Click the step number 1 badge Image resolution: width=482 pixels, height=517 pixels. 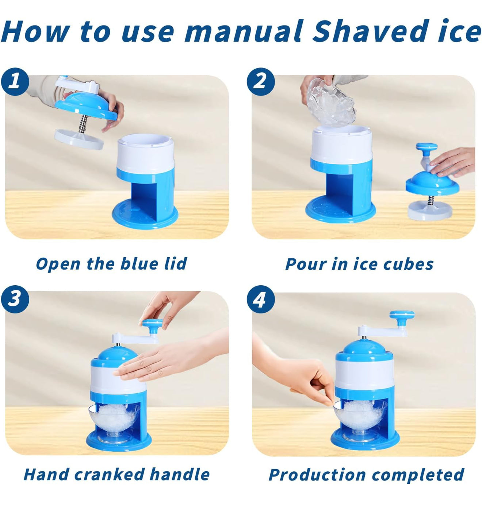[15, 81]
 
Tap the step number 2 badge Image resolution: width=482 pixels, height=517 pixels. [260, 81]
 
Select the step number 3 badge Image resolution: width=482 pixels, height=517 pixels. [15, 299]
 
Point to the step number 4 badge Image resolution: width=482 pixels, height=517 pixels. [260, 300]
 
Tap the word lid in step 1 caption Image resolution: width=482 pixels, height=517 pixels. [175, 263]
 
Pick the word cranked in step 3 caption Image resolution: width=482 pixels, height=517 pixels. [109, 474]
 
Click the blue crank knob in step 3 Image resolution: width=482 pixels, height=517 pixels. [152, 324]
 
